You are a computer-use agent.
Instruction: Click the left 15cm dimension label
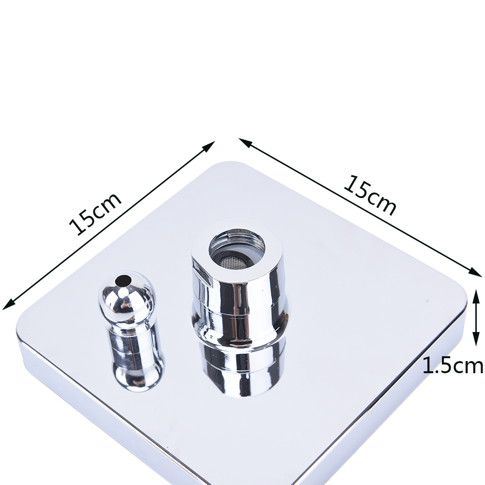click(95, 214)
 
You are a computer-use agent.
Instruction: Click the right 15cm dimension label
click(370, 195)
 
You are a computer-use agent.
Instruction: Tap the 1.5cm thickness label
click(452, 365)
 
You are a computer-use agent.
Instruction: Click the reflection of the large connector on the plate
click(244, 368)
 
